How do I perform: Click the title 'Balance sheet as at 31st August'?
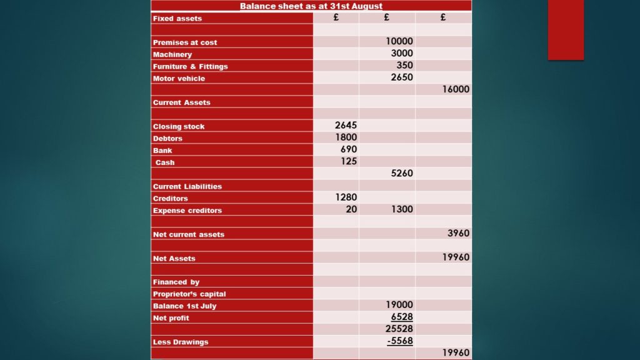(x=311, y=6)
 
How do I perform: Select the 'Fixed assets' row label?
(x=177, y=19)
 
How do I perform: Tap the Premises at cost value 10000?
(x=399, y=41)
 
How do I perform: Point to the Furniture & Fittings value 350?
(x=404, y=65)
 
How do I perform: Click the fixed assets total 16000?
(x=456, y=89)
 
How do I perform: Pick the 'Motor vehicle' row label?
(x=179, y=79)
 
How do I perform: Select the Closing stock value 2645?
(x=346, y=126)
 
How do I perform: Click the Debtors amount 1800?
(x=346, y=137)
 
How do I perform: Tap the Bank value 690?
(x=349, y=149)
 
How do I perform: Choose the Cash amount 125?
(x=349, y=161)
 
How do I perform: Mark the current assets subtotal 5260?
(x=402, y=173)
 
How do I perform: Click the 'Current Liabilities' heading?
(x=187, y=186)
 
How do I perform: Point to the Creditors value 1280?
(x=346, y=197)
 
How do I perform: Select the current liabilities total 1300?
(x=402, y=209)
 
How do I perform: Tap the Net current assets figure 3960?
(x=458, y=234)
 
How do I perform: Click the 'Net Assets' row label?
(x=174, y=258)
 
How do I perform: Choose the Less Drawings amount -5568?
(x=400, y=341)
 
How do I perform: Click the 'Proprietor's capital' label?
(x=189, y=294)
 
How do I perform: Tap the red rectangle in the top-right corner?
(x=566, y=29)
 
